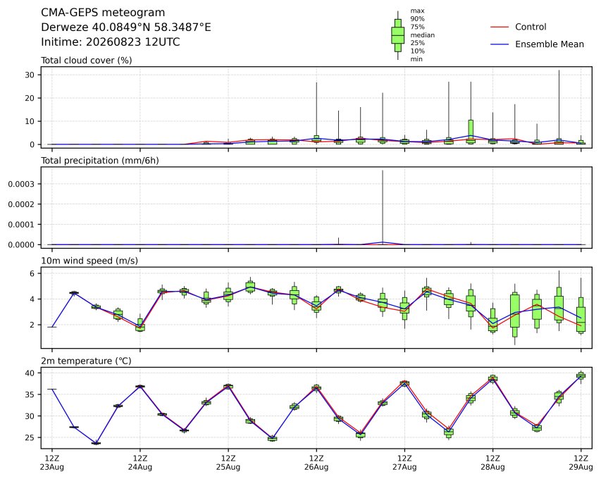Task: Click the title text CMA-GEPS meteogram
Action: coord(103,13)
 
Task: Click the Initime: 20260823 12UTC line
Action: coord(111,42)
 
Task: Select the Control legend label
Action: coord(531,27)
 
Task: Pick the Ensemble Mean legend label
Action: coord(550,44)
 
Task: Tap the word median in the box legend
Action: coord(422,35)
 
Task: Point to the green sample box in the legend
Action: coord(398,35)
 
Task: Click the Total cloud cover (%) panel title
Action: coord(86,61)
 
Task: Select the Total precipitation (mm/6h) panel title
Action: coord(99,161)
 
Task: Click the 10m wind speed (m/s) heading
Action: coord(89,261)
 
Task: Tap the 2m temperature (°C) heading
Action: coord(86,361)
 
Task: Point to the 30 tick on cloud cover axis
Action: coord(30,75)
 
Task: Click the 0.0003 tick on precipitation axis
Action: coord(21,184)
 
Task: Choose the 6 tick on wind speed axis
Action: coord(32,273)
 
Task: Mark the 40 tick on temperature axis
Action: coord(30,373)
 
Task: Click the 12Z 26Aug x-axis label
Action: coord(316,463)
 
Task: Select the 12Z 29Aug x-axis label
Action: coord(581,463)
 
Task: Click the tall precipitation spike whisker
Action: coord(383,206)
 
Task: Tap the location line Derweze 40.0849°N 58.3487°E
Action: coord(125,27)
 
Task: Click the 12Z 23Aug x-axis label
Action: coord(52,463)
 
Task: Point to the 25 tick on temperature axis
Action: coord(30,437)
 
